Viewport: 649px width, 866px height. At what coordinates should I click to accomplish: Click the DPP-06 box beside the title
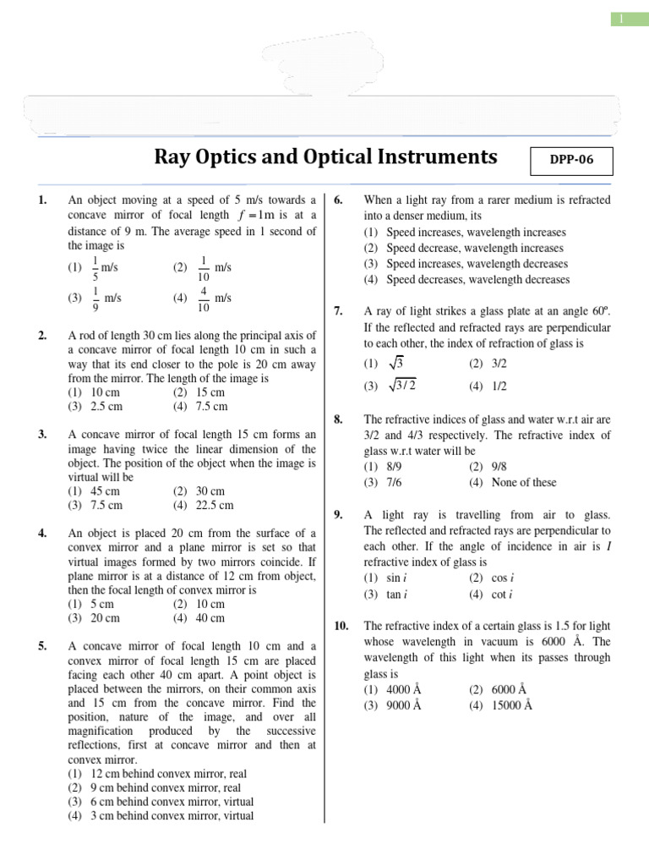tap(570, 159)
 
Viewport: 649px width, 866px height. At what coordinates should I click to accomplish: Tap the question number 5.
tap(42, 646)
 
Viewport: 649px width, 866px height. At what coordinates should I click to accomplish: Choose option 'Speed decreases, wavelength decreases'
tap(477, 280)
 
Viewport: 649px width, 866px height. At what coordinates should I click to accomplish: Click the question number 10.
tap(341, 626)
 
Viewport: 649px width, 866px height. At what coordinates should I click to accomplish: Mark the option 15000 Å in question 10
tap(510, 706)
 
